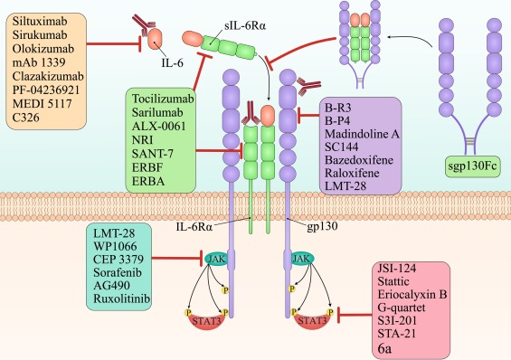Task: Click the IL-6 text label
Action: coord(156,65)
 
